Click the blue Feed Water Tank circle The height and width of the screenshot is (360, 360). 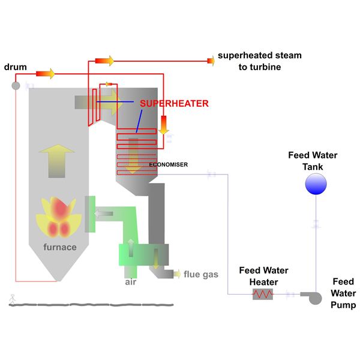tap(316, 185)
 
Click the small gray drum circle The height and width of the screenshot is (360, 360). tap(16, 86)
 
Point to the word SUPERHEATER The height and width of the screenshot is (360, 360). tap(174, 103)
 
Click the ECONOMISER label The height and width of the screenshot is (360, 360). tap(169, 164)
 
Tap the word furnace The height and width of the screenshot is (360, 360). tap(59, 247)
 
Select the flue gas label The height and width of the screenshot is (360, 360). tap(200, 275)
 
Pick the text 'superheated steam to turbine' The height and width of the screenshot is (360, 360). tap(259, 61)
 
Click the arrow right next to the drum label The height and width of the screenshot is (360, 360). tap(45, 73)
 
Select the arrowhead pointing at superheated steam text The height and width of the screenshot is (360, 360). tap(211, 60)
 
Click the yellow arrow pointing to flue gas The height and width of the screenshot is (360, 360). tap(176, 274)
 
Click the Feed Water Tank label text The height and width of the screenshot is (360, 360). tap(313, 161)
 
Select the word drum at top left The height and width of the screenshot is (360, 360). tap(15, 67)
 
